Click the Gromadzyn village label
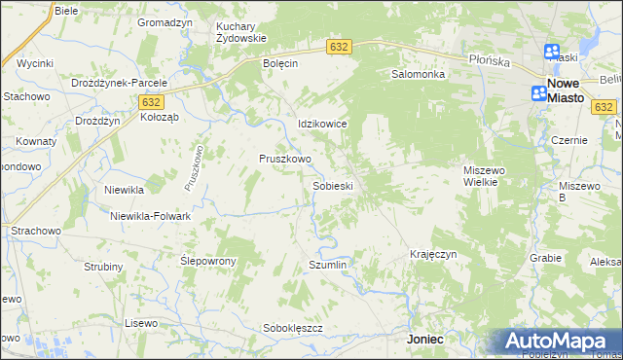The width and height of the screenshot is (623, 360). coord(164,21)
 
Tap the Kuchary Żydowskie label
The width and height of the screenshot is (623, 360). coord(240,32)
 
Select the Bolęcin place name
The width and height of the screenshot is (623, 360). coord(280,62)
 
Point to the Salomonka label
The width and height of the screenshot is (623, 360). coord(418,74)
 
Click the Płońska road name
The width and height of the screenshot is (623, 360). coord(489,60)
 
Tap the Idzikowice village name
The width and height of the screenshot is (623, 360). coord(322,125)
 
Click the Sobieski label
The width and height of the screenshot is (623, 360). coord(332,185)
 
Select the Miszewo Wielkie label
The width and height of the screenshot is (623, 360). coord(487,176)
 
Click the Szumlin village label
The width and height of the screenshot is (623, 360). coord(327,265)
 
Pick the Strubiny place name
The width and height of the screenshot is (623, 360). coord(103,267)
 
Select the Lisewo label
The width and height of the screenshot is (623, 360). coord(141,322)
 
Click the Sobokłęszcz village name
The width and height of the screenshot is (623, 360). coord(293,329)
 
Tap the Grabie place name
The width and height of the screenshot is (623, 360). coord(546,258)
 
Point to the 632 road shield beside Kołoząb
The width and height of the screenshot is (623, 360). coord(150,101)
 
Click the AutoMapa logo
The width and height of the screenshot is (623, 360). coord(559,342)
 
